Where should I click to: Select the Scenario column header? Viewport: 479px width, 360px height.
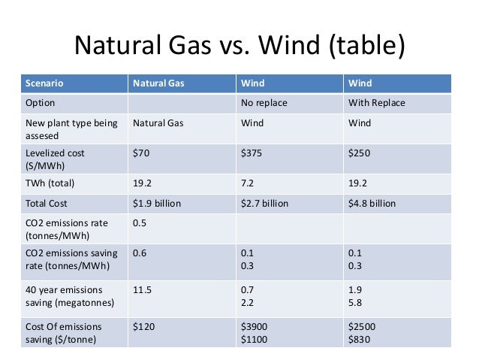pyautogui.click(x=45, y=83)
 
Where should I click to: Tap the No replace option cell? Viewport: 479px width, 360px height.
pyautogui.click(x=264, y=102)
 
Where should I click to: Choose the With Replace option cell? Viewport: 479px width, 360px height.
pyautogui.click(x=376, y=102)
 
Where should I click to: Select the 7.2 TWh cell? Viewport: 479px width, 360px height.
pyautogui.click(x=248, y=183)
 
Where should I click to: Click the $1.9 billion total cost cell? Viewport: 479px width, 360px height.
pyautogui.click(x=157, y=203)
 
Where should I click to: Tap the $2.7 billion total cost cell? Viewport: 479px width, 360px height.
pyautogui.click(x=265, y=203)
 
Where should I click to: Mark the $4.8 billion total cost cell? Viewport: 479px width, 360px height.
pyautogui.click(x=372, y=203)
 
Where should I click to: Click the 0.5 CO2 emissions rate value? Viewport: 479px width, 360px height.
pyautogui.click(x=140, y=223)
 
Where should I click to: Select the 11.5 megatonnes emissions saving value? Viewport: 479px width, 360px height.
pyautogui.click(x=143, y=289)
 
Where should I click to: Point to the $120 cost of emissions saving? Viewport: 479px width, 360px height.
pyautogui.click(x=145, y=327)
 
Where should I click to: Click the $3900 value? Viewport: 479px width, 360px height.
pyautogui.click(x=255, y=327)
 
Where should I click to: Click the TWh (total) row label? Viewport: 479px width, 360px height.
pyautogui.click(x=50, y=183)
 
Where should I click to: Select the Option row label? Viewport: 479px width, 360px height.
pyautogui.click(x=41, y=102)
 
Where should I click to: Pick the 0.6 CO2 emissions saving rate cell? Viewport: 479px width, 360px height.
pyautogui.click(x=140, y=253)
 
